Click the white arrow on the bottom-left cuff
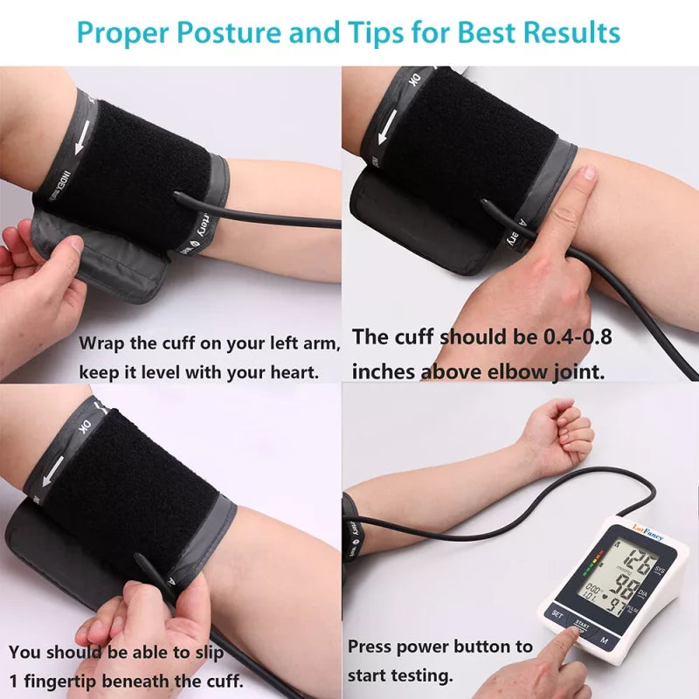click(x=54, y=467)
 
